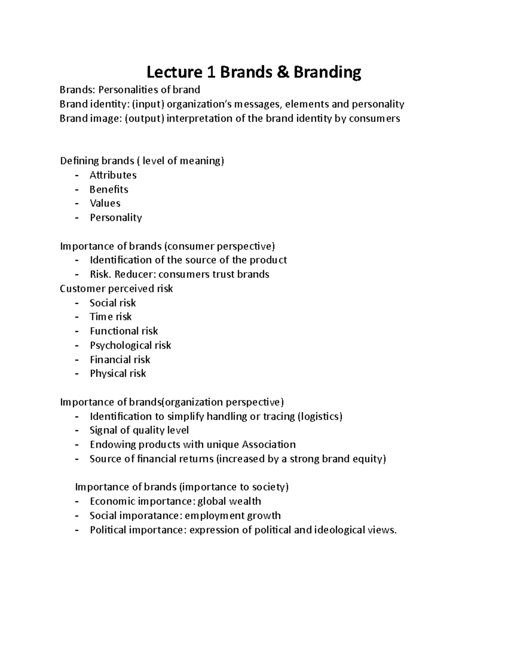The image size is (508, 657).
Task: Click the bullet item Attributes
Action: pos(113,175)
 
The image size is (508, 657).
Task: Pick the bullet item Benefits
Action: pos(109,190)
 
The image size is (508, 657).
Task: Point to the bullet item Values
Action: pos(105,203)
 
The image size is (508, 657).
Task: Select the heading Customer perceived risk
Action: pos(116,289)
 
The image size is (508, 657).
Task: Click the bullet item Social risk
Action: pos(113,303)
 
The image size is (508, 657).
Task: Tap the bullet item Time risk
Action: pos(110,317)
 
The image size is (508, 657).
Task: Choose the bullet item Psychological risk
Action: pos(130,345)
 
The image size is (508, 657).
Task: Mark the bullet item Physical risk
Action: pos(118,374)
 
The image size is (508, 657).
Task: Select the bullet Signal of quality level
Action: pos(139,430)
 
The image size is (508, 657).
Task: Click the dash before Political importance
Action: pos(77,530)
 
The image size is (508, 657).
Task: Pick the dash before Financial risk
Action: pos(77,360)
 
